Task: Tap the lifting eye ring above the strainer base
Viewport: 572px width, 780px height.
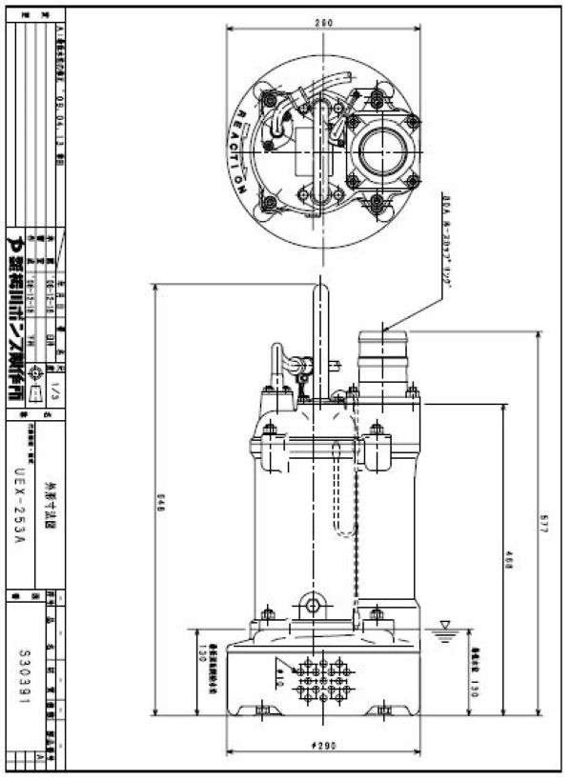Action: (x=312, y=603)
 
